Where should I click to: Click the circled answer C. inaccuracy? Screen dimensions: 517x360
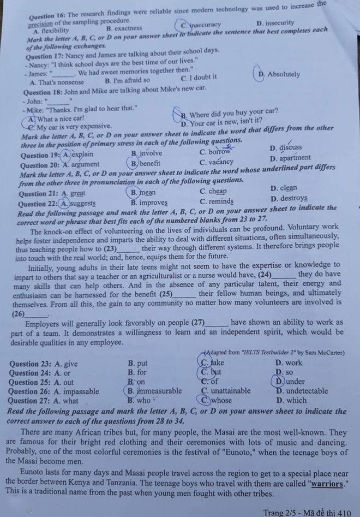(201, 25)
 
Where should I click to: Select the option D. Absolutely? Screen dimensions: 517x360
(278, 74)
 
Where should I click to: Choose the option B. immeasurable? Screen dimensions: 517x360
(155, 391)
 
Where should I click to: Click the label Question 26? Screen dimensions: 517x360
(29, 391)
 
